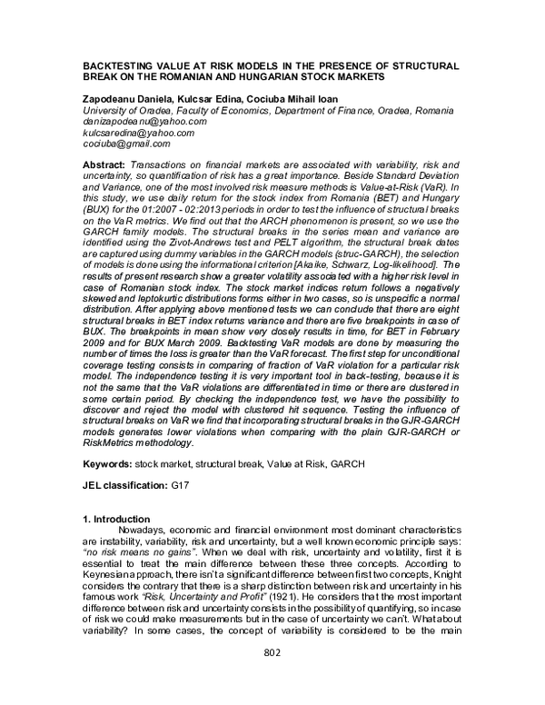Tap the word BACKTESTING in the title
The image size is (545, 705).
coord(116,67)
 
